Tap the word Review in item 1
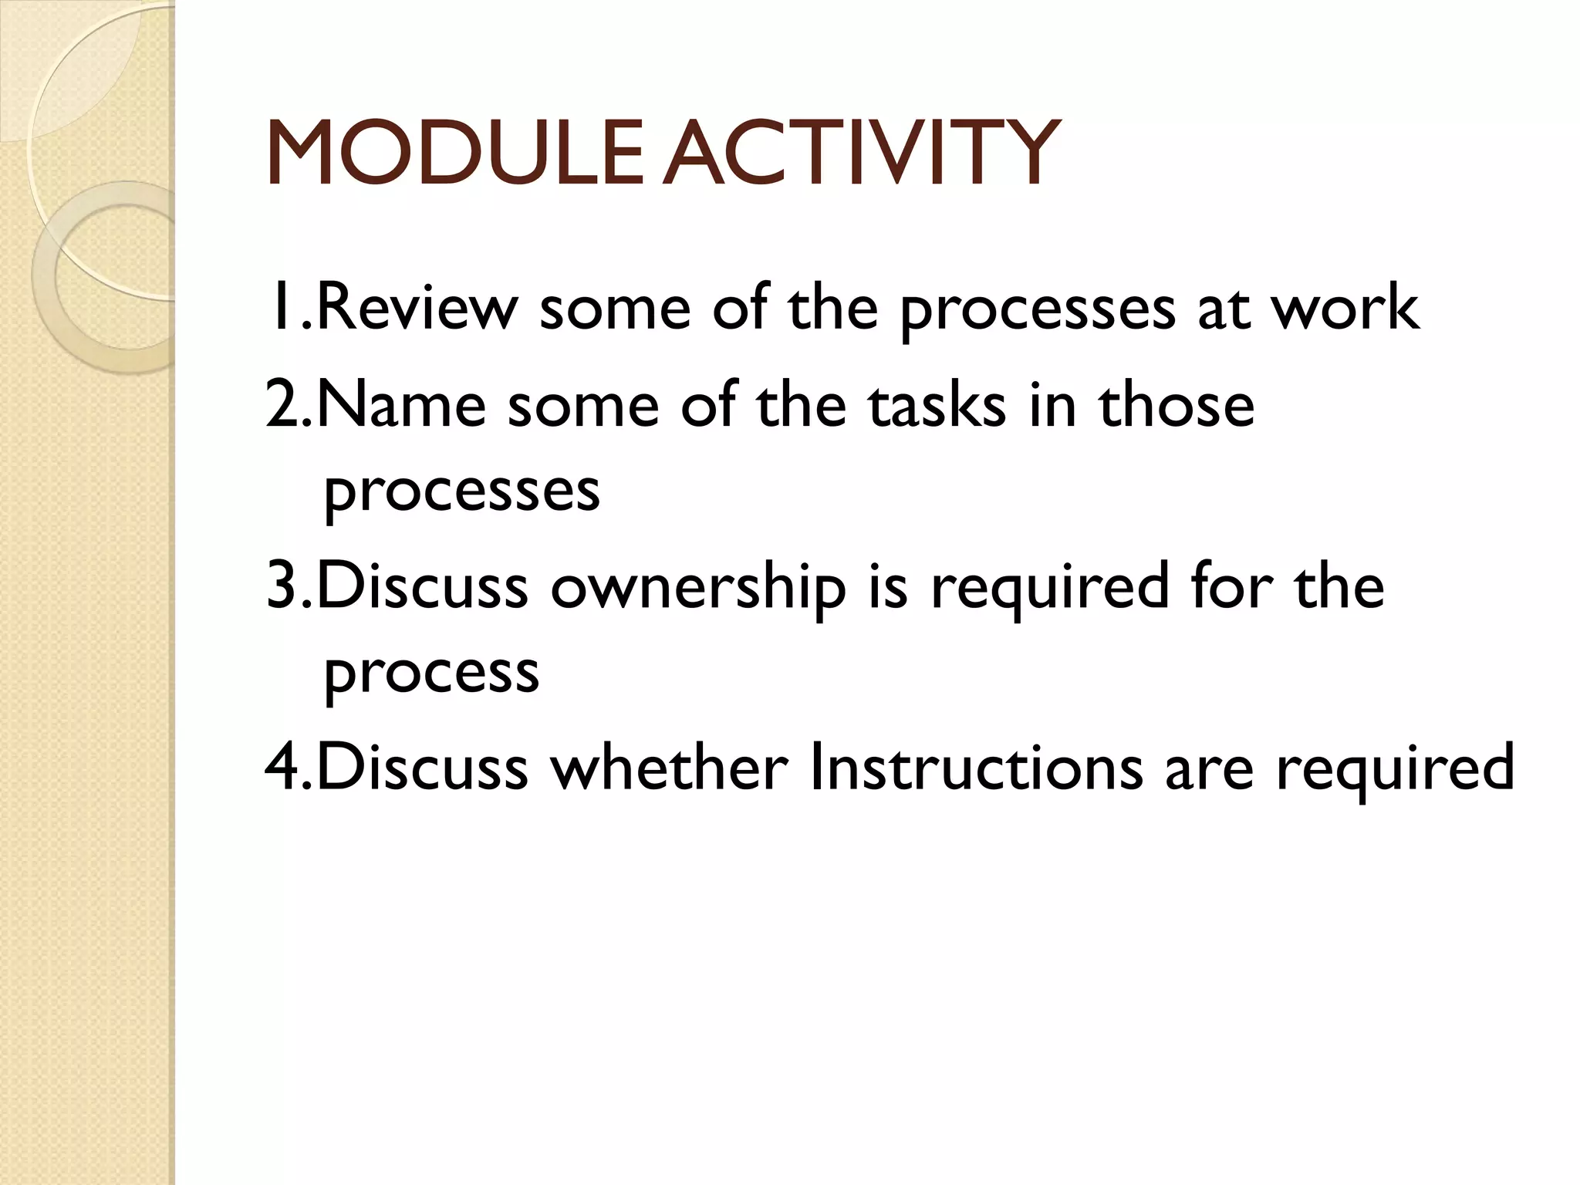(417, 309)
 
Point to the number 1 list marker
(282, 309)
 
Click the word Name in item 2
(401, 406)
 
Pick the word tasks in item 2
(937, 406)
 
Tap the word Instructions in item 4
(976, 768)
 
